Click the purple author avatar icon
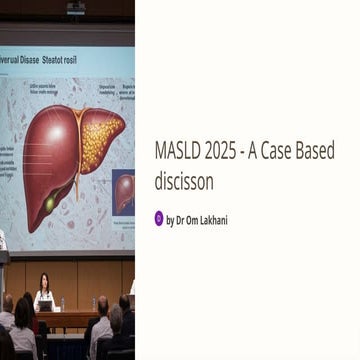pyautogui.click(x=159, y=218)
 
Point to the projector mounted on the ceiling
pyautogui.click(x=75, y=9)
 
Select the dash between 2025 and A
pyautogui.click(x=255, y=152)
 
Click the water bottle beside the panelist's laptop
pyautogui.click(x=62, y=303)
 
